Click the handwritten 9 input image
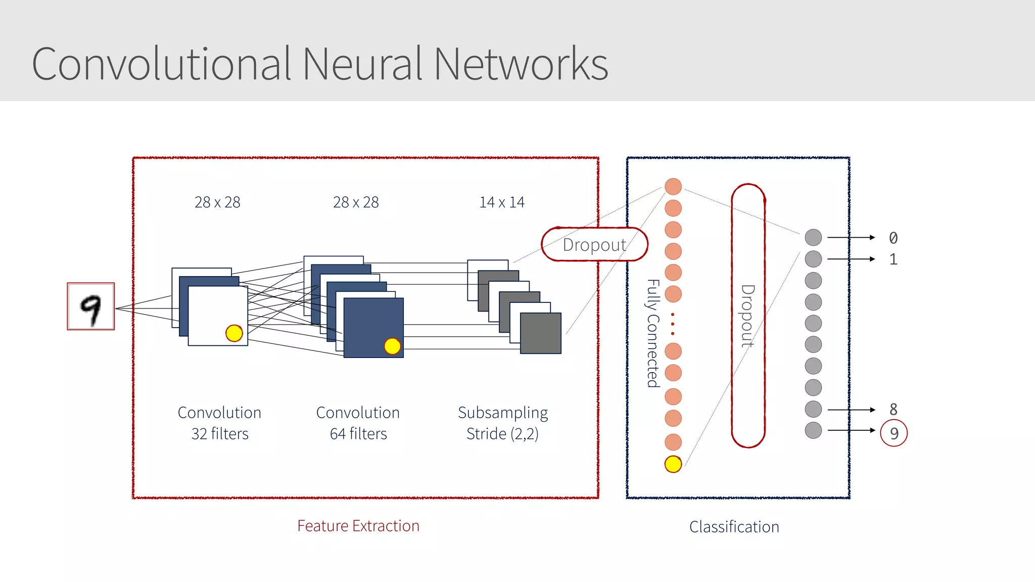[x=91, y=306]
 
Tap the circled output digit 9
[x=893, y=433]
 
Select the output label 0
[x=893, y=238]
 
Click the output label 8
[x=893, y=409]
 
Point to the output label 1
[x=893, y=259]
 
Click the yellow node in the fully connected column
[x=673, y=464]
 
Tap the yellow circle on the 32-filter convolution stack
[x=234, y=333]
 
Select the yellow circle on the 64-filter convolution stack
[x=392, y=346]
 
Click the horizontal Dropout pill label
[x=594, y=245]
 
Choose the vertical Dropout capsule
[x=748, y=316]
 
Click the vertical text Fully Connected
[x=653, y=333]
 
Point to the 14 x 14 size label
[x=502, y=202]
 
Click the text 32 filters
[x=220, y=434]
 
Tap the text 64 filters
[x=358, y=434]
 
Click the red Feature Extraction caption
[x=358, y=526]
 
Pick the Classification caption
[x=734, y=527]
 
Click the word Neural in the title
[x=361, y=64]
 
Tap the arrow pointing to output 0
[x=851, y=237]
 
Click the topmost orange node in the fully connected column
[x=673, y=187]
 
